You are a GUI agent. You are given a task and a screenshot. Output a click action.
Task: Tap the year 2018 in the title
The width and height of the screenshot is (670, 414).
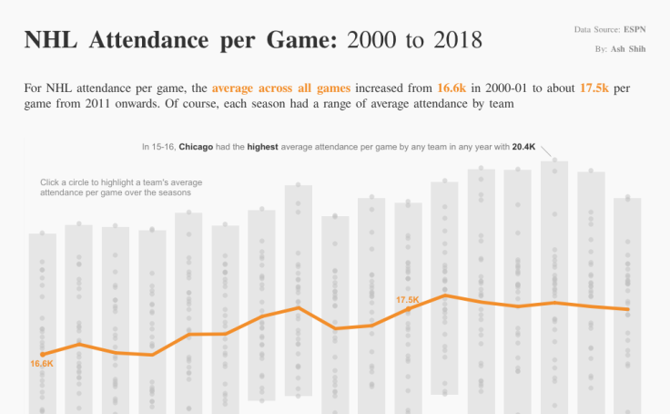[452, 40]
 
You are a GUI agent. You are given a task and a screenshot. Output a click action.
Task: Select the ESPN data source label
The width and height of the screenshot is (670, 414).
[635, 30]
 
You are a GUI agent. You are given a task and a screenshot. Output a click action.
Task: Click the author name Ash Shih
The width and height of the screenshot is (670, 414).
[629, 48]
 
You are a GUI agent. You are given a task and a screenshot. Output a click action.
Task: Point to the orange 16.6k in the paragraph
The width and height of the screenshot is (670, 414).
[452, 88]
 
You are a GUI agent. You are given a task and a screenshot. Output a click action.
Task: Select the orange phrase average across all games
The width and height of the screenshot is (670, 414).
[280, 88]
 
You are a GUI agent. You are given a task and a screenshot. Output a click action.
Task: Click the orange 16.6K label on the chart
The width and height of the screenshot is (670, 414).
[43, 364]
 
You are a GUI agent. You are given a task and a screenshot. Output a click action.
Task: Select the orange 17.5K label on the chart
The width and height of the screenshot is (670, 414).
[407, 300]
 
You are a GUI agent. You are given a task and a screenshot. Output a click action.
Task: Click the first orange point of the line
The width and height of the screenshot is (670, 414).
[43, 354]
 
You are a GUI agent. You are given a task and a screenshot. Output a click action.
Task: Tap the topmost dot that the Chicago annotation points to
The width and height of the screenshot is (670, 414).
[555, 160]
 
